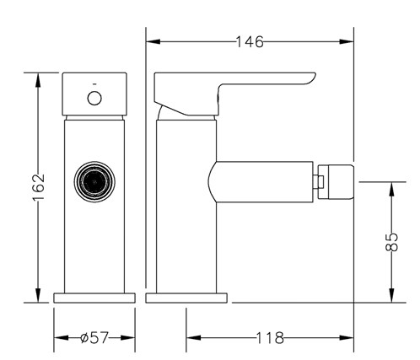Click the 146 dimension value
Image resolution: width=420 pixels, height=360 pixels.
point(250,42)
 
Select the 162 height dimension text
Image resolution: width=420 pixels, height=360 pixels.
point(39,187)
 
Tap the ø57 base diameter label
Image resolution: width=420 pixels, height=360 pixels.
point(94,337)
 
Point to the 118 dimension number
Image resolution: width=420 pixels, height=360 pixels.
point(270,338)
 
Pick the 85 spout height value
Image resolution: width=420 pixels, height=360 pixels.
point(391,242)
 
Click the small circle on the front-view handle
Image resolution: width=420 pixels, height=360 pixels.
point(94,99)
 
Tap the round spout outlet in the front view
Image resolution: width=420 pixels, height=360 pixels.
point(94,181)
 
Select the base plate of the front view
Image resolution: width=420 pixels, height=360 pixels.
point(94,298)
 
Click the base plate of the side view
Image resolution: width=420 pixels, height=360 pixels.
point(186,298)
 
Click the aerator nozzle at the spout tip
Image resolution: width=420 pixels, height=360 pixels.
point(336,182)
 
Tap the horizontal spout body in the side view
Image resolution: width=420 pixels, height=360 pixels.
point(261,181)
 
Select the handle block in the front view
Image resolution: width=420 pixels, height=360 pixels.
point(94,94)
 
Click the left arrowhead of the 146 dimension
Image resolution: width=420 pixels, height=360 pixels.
point(153,42)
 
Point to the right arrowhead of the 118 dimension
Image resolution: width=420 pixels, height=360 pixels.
point(347,338)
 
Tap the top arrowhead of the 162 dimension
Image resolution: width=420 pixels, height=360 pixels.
point(39,80)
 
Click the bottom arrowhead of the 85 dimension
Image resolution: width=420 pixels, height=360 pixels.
point(391,295)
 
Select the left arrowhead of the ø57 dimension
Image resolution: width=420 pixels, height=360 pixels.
point(61,337)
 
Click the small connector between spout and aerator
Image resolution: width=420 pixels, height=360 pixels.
point(319,181)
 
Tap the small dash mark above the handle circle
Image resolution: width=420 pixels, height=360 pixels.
point(94,84)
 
